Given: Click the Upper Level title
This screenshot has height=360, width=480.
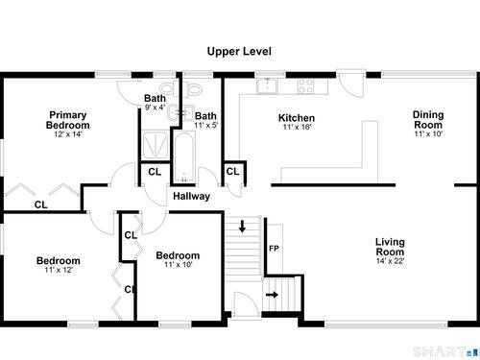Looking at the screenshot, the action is pyautogui.click(x=239, y=52).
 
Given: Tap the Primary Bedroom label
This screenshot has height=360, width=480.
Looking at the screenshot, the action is pyautogui.click(x=68, y=120).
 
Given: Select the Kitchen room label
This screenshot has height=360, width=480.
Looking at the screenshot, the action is pyautogui.click(x=297, y=118).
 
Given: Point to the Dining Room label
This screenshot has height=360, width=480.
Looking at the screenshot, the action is pyautogui.click(x=428, y=120).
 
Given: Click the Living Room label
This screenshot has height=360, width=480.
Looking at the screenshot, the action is pyautogui.click(x=390, y=247).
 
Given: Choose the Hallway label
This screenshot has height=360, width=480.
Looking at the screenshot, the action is pyautogui.click(x=192, y=196).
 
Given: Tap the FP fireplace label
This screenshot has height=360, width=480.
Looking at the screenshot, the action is pyautogui.click(x=274, y=249).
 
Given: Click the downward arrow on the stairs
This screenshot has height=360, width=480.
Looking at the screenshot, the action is pyautogui.click(x=242, y=226).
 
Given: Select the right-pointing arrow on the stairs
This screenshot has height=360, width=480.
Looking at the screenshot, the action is pyautogui.click(x=272, y=295).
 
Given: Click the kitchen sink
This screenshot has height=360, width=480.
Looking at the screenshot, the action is pyautogui.click(x=267, y=85).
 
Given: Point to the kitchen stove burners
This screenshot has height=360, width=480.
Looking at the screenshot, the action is pyautogui.click(x=305, y=85).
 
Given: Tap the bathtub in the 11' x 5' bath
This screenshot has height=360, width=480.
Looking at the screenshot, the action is pyautogui.click(x=184, y=156).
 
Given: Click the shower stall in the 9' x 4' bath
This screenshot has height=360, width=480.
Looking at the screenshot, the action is pyautogui.click(x=155, y=145).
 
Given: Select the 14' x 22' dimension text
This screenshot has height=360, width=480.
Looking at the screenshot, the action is pyautogui.click(x=390, y=261).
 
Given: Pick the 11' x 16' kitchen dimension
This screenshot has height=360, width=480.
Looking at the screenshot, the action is pyautogui.click(x=297, y=128).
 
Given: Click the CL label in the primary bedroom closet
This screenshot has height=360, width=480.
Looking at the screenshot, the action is pyautogui.click(x=41, y=204).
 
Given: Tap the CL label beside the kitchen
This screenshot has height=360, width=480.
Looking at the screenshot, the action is pyautogui.click(x=232, y=172).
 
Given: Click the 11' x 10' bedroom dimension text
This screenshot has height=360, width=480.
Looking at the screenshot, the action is pyautogui.click(x=179, y=265).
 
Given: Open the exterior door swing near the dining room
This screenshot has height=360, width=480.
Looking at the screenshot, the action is pyautogui.click(x=351, y=84).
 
